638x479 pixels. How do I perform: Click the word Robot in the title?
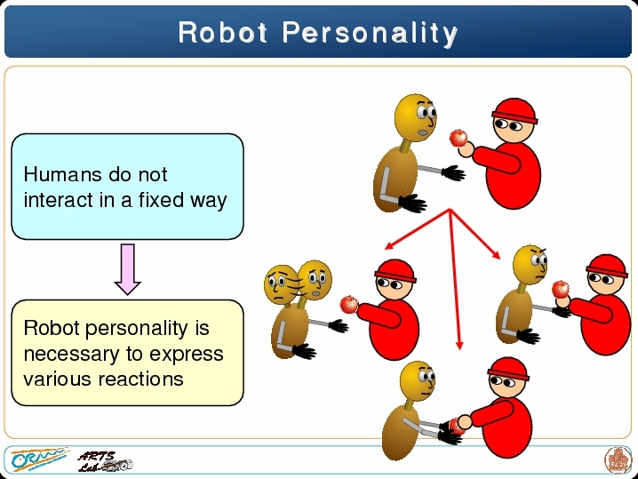223,32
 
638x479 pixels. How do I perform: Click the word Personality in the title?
371,34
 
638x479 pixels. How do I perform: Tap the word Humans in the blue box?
62,174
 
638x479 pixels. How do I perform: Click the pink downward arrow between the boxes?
127,269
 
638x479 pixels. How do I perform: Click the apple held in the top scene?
459,138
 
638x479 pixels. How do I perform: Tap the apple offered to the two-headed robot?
348,304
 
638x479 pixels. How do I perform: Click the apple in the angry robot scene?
561,289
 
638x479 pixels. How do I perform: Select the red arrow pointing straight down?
455,279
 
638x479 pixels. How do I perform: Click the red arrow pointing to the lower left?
418,229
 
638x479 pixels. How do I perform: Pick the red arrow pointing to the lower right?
475,234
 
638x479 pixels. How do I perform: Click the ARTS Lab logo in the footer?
105,461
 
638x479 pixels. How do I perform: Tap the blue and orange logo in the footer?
39,459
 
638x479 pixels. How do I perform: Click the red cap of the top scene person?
514,111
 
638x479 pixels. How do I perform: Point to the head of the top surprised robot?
416,118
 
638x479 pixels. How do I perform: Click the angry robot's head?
530,264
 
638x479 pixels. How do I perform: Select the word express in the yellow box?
187,355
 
